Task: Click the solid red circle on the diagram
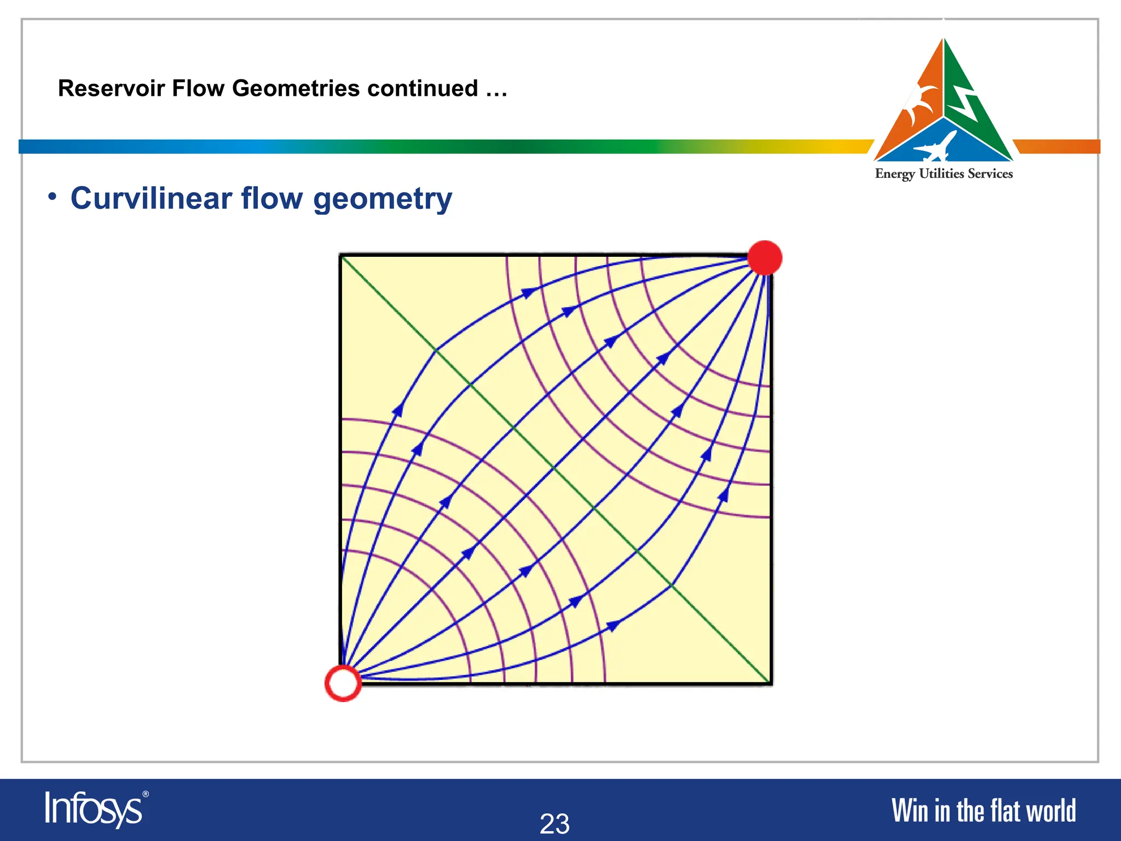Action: [x=764, y=257]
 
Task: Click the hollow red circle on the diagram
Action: [x=343, y=683]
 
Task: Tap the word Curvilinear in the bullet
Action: [x=151, y=198]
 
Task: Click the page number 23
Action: [x=554, y=823]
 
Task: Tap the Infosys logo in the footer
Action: [x=93, y=809]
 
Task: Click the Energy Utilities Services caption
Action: [x=944, y=174]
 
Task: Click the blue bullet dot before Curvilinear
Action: [x=52, y=196]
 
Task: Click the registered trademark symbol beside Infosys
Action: [x=145, y=794]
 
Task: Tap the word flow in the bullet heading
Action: [x=272, y=198]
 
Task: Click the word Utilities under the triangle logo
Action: [x=941, y=174]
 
